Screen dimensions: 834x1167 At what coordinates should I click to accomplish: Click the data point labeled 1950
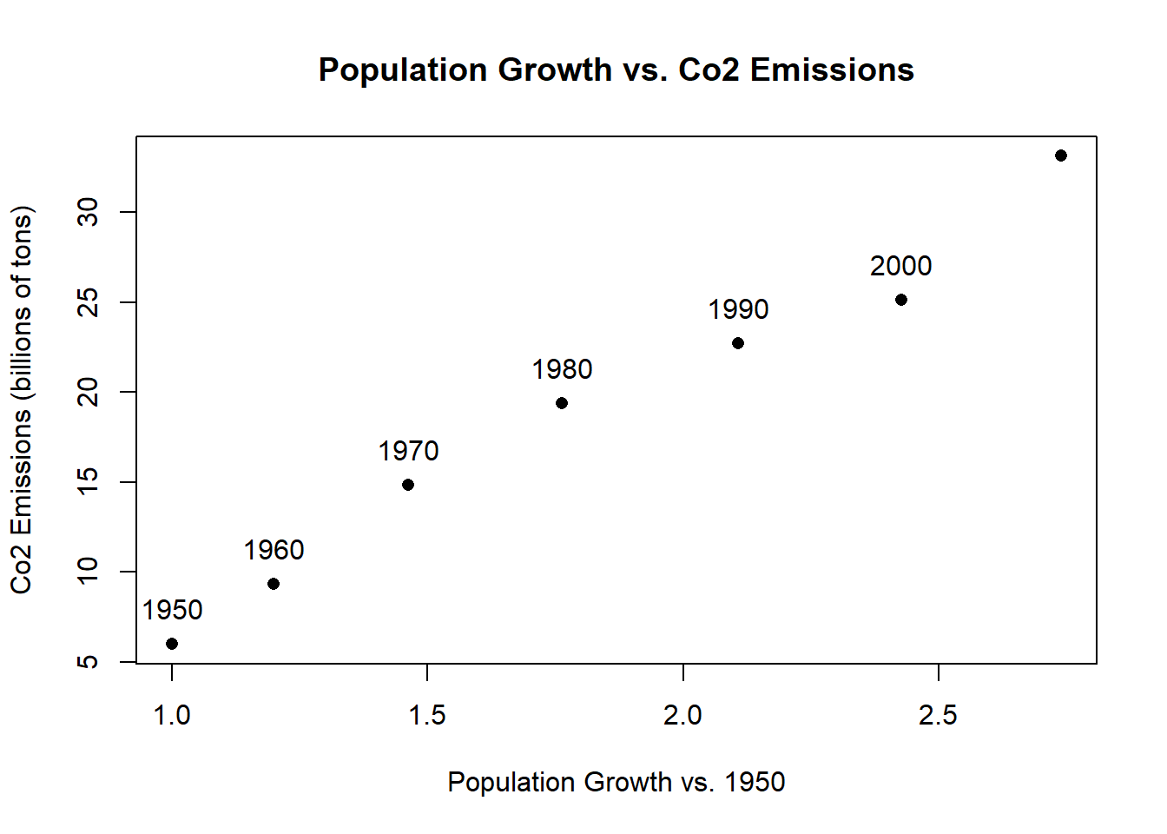172,644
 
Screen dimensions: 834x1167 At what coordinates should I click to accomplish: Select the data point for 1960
274,584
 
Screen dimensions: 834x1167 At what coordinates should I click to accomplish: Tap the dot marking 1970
408,485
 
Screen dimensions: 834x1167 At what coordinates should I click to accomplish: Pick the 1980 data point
562,403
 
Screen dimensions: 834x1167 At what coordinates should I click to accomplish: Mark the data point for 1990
738,343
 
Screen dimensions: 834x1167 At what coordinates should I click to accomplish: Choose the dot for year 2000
901,300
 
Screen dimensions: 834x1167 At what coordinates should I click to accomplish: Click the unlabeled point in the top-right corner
1061,156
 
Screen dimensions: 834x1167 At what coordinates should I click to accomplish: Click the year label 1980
562,370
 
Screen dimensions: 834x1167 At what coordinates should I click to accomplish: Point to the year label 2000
901,267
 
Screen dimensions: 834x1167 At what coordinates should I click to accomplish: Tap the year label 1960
274,551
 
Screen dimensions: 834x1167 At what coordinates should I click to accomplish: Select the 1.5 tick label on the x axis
427,716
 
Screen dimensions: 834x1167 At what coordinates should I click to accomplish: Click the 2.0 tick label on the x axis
682,716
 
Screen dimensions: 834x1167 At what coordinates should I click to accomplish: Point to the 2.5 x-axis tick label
938,716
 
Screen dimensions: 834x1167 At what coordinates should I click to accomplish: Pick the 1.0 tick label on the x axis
172,716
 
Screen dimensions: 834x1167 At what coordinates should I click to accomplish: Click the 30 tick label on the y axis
89,212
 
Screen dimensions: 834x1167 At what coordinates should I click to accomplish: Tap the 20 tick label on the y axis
89,393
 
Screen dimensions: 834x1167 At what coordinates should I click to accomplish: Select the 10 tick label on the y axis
89,572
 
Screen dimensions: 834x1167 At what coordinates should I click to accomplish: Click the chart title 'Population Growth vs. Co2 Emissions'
616,70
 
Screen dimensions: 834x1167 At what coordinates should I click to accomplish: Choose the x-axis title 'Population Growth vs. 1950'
616,783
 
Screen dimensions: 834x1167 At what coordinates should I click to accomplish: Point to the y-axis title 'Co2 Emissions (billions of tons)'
21,400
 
